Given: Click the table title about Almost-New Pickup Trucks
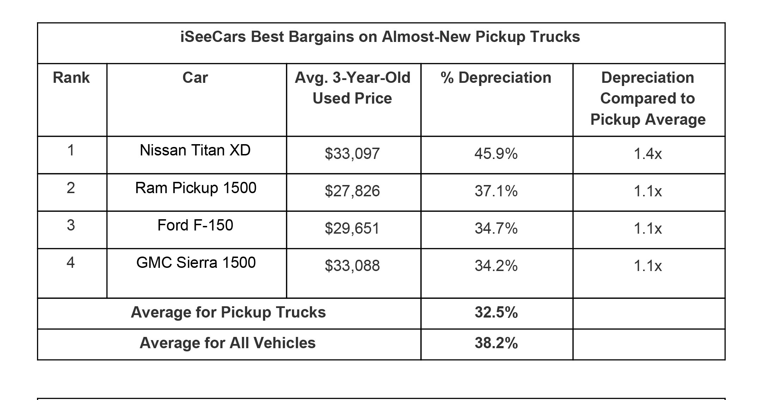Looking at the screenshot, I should tap(380, 37).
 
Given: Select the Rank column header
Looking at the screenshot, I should tap(71, 78).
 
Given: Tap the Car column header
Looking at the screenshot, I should tap(195, 78).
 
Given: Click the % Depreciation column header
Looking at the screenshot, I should tap(496, 78).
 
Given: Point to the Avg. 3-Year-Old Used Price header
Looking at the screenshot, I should tap(352, 88).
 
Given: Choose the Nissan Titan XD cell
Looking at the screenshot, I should tap(195, 150).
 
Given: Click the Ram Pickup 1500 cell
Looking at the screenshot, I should tap(196, 188).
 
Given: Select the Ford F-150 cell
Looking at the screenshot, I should tap(195, 226).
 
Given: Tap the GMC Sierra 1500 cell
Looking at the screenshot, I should tap(196, 263).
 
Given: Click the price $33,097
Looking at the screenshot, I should tap(352, 154).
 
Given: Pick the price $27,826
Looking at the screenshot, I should tap(352, 191).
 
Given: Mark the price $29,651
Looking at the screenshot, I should tap(352, 229).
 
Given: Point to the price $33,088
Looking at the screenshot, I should tap(352, 266).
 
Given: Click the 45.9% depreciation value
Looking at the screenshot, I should tap(496, 154).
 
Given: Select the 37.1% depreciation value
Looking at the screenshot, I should tap(496, 191).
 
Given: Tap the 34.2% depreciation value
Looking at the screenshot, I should tap(496, 266).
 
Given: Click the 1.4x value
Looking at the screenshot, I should tap(648, 154).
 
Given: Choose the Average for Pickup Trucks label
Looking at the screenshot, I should tap(228, 313).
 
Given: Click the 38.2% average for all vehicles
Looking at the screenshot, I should tap(496, 343).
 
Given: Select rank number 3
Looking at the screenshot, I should tap(71, 226).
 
